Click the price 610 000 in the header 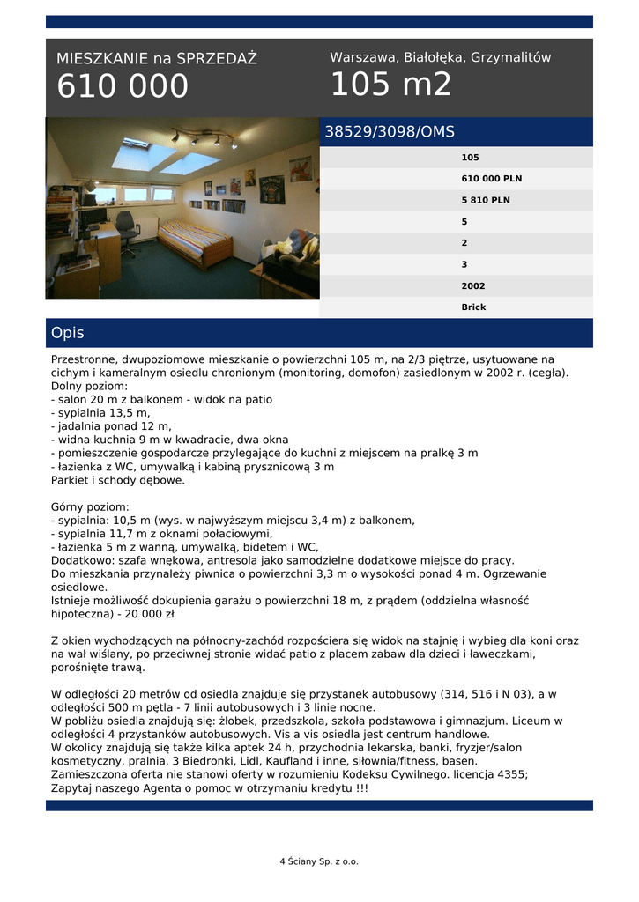click(x=123, y=86)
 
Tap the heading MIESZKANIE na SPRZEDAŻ click(x=157, y=59)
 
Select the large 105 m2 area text click(x=390, y=85)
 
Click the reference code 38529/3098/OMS click(x=390, y=132)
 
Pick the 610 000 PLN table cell click(x=491, y=179)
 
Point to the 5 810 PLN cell click(x=485, y=200)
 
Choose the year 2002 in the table click(x=473, y=286)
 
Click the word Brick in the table click(x=473, y=307)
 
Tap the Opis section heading click(x=68, y=333)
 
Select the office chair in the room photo click(x=127, y=230)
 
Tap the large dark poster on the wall click(x=271, y=189)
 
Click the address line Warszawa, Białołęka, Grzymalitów click(x=440, y=57)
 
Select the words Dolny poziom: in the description click(x=89, y=386)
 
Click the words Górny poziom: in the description click(x=90, y=507)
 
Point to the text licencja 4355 click(x=489, y=774)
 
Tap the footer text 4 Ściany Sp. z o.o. click(x=319, y=861)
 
